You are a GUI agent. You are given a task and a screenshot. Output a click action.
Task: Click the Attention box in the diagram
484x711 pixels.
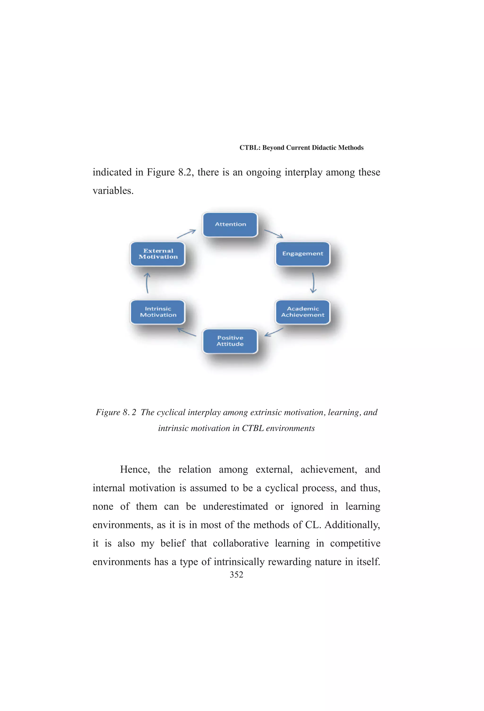(x=230, y=225)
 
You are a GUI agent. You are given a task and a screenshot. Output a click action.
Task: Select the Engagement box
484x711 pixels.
(x=302, y=254)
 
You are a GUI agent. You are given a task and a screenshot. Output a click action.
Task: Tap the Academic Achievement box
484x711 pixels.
(x=302, y=312)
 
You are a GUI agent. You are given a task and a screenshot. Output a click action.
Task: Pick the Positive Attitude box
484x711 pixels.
(x=230, y=341)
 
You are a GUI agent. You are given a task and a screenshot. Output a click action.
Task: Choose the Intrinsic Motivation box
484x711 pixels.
(x=158, y=312)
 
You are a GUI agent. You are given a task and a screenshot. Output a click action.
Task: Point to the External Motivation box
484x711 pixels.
(x=158, y=254)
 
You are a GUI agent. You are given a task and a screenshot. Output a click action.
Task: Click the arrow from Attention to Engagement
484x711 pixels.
(x=274, y=234)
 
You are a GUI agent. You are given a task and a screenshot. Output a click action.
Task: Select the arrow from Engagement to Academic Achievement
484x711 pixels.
(x=313, y=283)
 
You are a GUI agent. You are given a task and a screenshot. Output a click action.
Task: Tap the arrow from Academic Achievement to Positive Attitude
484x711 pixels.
(x=274, y=332)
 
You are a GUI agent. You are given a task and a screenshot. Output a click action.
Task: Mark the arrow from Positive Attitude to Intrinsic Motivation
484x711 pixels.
(x=187, y=332)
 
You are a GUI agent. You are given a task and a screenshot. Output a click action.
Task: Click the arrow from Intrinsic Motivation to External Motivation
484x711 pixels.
(x=147, y=283)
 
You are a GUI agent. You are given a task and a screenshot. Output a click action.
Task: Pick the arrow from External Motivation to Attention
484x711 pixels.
(x=186, y=234)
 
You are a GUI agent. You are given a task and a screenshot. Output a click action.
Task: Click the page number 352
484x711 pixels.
(x=236, y=575)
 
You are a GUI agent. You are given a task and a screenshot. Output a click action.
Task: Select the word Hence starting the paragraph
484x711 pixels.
(x=134, y=469)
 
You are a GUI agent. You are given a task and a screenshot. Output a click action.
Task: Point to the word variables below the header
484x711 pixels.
(x=113, y=191)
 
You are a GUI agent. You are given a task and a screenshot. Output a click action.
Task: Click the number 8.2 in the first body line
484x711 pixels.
(x=186, y=172)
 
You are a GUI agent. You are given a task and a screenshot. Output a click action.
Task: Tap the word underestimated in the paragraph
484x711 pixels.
(x=235, y=506)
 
